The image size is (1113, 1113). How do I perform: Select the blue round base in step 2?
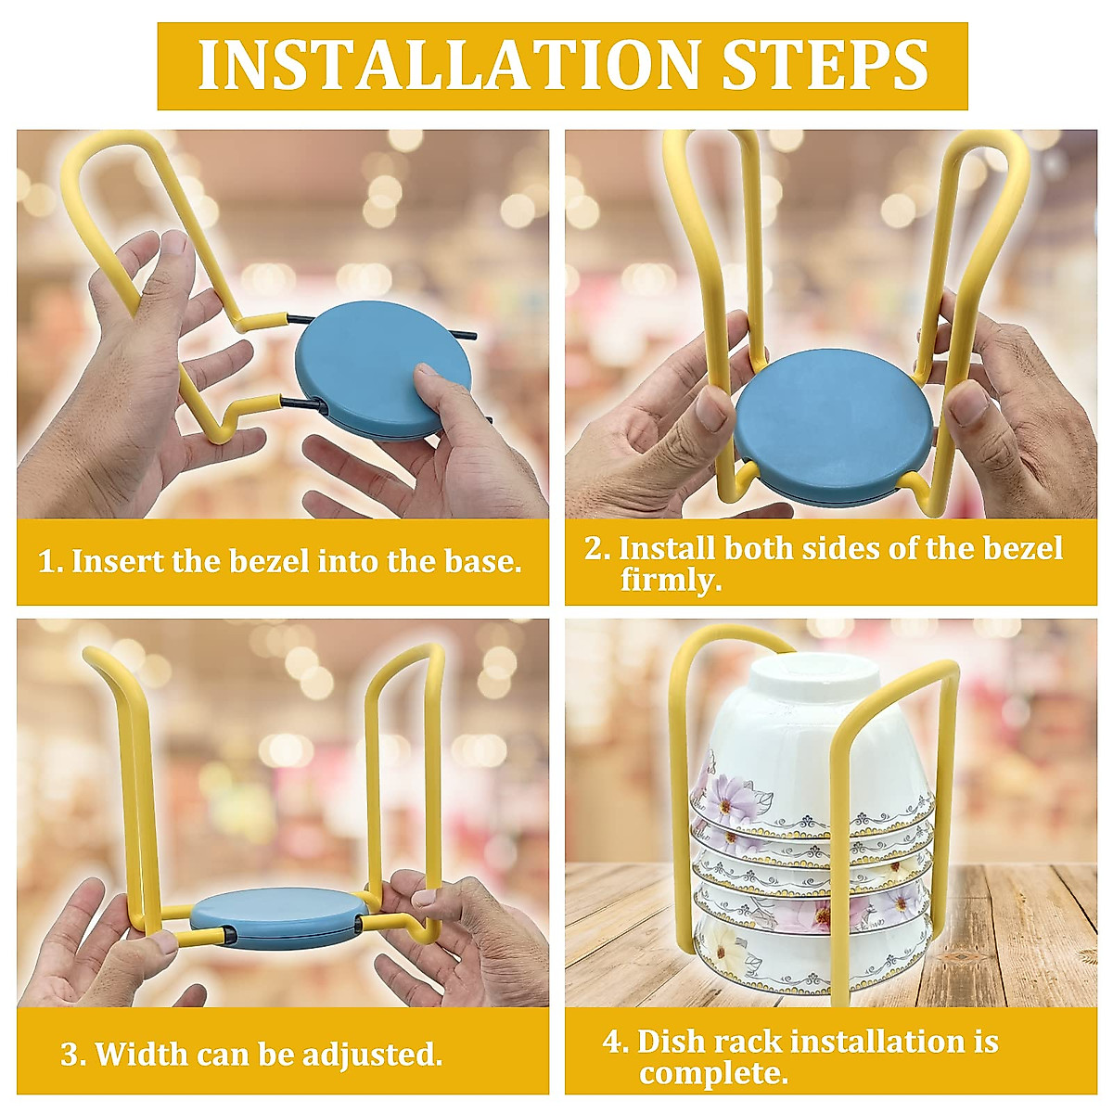(833, 428)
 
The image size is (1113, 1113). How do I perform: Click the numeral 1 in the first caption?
(45, 562)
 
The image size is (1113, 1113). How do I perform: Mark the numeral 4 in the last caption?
(613, 1042)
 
